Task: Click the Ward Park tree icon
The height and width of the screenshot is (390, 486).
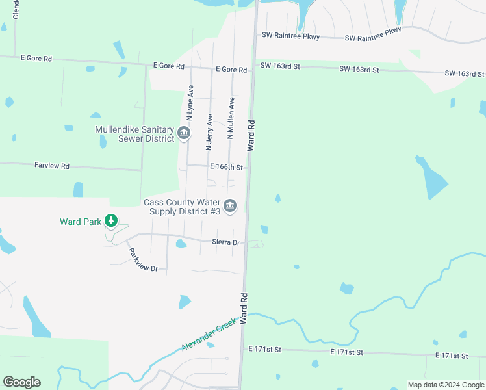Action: coord(112,222)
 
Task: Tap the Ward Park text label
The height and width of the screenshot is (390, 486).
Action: coord(81,222)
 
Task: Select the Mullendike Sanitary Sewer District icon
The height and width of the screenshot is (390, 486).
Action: coord(184,134)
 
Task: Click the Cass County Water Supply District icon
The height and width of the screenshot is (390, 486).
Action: coord(231,206)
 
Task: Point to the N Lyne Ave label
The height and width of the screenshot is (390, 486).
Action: coord(190,103)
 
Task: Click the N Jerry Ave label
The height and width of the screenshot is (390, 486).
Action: coord(209,133)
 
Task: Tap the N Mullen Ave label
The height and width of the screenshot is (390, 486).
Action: coord(230,118)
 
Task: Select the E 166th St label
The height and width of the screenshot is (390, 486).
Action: coord(226,167)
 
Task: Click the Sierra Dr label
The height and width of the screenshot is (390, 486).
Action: coord(226,242)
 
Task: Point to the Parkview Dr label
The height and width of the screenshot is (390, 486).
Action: coord(143,260)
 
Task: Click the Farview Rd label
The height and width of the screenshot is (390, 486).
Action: coord(51,166)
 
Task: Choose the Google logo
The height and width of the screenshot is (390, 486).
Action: coord(21,382)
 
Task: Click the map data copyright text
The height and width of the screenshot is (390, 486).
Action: coord(446,385)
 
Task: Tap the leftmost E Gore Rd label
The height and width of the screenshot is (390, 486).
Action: coord(36,58)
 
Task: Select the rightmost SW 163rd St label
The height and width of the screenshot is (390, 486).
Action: coord(463,74)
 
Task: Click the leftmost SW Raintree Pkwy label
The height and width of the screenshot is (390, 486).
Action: coord(290,37)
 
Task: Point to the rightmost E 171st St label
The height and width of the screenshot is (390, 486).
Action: coord(452,356)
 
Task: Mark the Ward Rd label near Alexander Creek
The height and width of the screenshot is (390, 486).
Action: coord(244,309)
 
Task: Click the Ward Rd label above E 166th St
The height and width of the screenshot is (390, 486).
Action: coord(251,136)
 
